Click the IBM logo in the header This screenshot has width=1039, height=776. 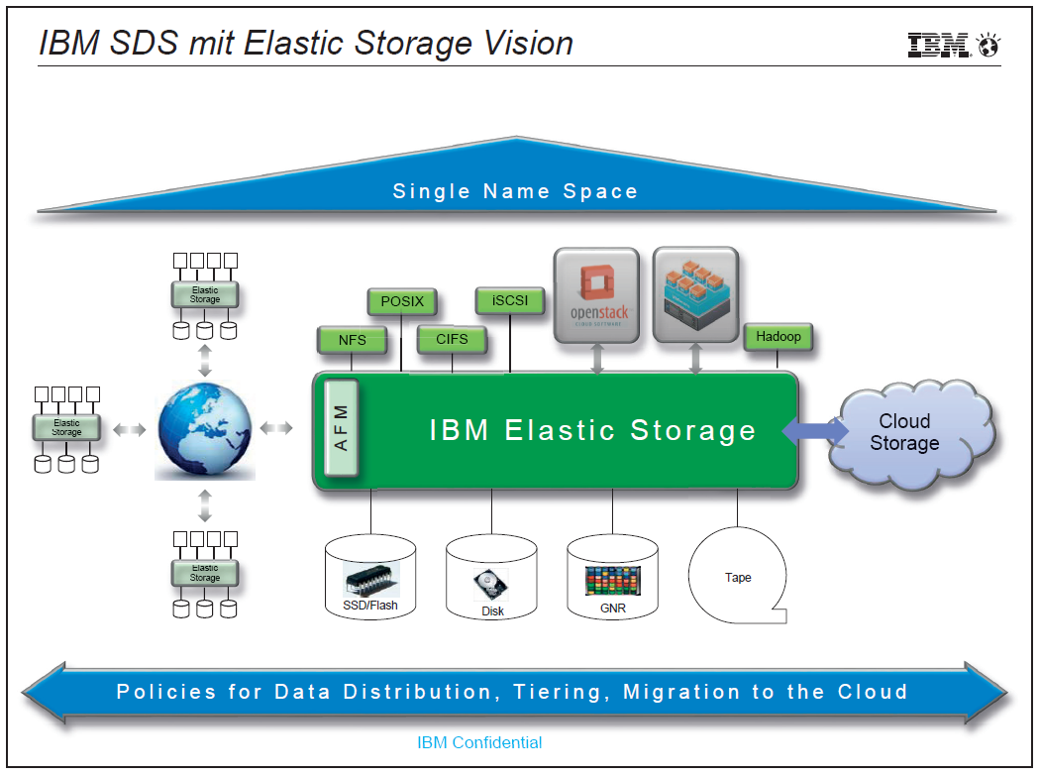[x=953, y=46]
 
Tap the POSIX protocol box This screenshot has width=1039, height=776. [x=401, y=301]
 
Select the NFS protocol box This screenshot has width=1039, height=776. [x=352, y=340]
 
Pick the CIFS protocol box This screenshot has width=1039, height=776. [x=452, y=339]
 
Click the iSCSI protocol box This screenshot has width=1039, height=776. [x=510, y=300]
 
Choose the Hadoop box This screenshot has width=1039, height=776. [x=778, y=336]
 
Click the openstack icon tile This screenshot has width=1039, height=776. [x=596, y=295]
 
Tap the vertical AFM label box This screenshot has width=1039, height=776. [x=342, y=428]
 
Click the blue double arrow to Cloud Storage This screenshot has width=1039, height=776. [x=815, y=430]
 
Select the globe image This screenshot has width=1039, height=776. [x=205, y=430]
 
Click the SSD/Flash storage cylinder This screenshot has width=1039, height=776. [x=370, y=577]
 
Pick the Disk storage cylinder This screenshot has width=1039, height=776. [x=491, y=577]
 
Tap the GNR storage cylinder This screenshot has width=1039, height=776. [x=612, y=577]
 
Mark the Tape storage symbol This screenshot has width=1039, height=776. [x=738, y=576]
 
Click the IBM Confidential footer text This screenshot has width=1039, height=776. [x=479, y=742]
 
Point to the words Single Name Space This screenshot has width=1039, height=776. [x=515, y=191]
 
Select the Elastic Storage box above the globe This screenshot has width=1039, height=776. [x=205, y=294]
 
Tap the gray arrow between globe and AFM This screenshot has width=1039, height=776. [x=276, y=428]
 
